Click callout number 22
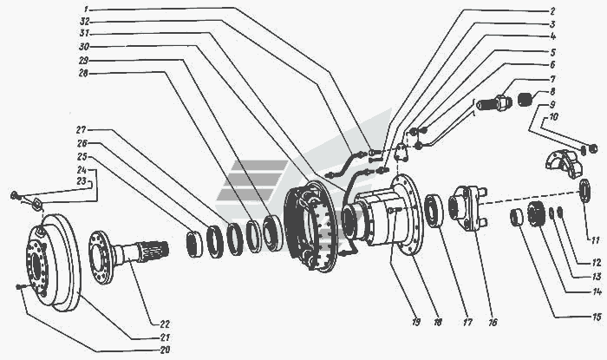point(164,324)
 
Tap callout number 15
point(597,317)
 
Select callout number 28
point(83,73)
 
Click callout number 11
point(596,240)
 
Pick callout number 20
point(165,350)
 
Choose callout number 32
point(84,21)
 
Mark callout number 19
point(415,322)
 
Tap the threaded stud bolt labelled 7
point(492,102)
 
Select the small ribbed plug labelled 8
point(525,100)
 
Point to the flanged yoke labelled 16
point(467,208)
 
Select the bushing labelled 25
point(194,244)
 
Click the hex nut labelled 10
point(592,148)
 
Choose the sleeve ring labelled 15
point(516,217)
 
